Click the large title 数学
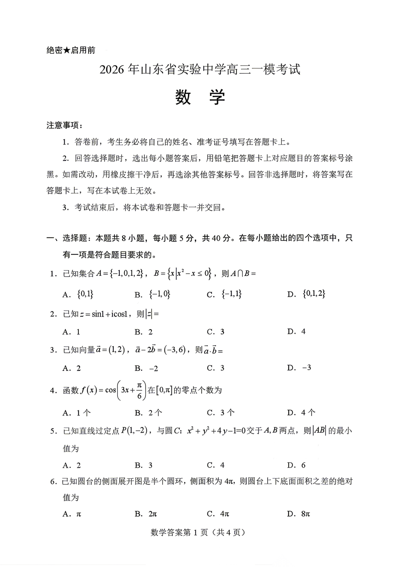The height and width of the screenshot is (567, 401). (x=200, y=97)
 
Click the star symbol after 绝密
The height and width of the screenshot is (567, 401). (x=67, y=50)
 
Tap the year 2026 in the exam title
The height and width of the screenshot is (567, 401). (x=111, y=70)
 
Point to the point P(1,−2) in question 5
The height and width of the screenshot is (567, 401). (x=135, y=431)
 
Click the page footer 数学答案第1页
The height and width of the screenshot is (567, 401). (x=198, y=533)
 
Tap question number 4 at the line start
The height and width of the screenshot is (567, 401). (x=52, y=390)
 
